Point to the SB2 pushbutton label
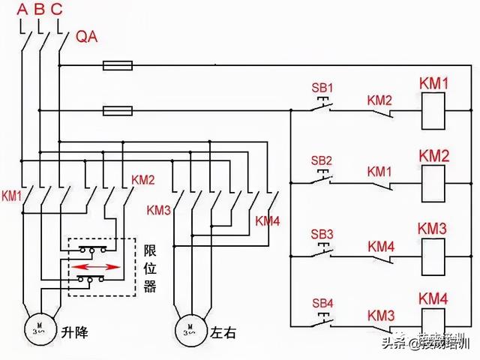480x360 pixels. click(321, 160)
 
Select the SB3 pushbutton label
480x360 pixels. click(321, 232)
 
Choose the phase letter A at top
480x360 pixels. click(22, 10)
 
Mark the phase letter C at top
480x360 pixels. click(58, 10)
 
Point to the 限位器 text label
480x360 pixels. click(149, 267)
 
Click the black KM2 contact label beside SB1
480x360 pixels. click(379, 100)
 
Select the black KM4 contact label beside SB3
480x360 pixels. click(379, 245)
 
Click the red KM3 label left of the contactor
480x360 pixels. click(159, 210)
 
